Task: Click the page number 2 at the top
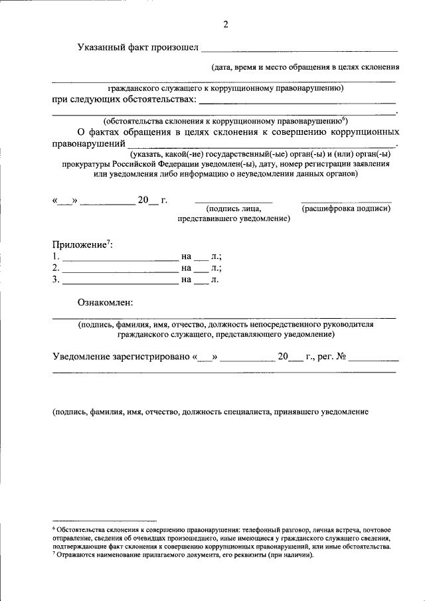tap(225, 25)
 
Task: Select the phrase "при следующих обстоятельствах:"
tap(124, 99)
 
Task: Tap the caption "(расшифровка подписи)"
tap(346, 209)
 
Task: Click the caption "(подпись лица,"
tap(233, 209)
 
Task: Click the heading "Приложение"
tap(80, 245)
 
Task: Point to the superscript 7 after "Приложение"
tap(108, 242)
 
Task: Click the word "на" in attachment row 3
tap(186, 280)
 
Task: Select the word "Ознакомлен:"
tap(105, 303)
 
